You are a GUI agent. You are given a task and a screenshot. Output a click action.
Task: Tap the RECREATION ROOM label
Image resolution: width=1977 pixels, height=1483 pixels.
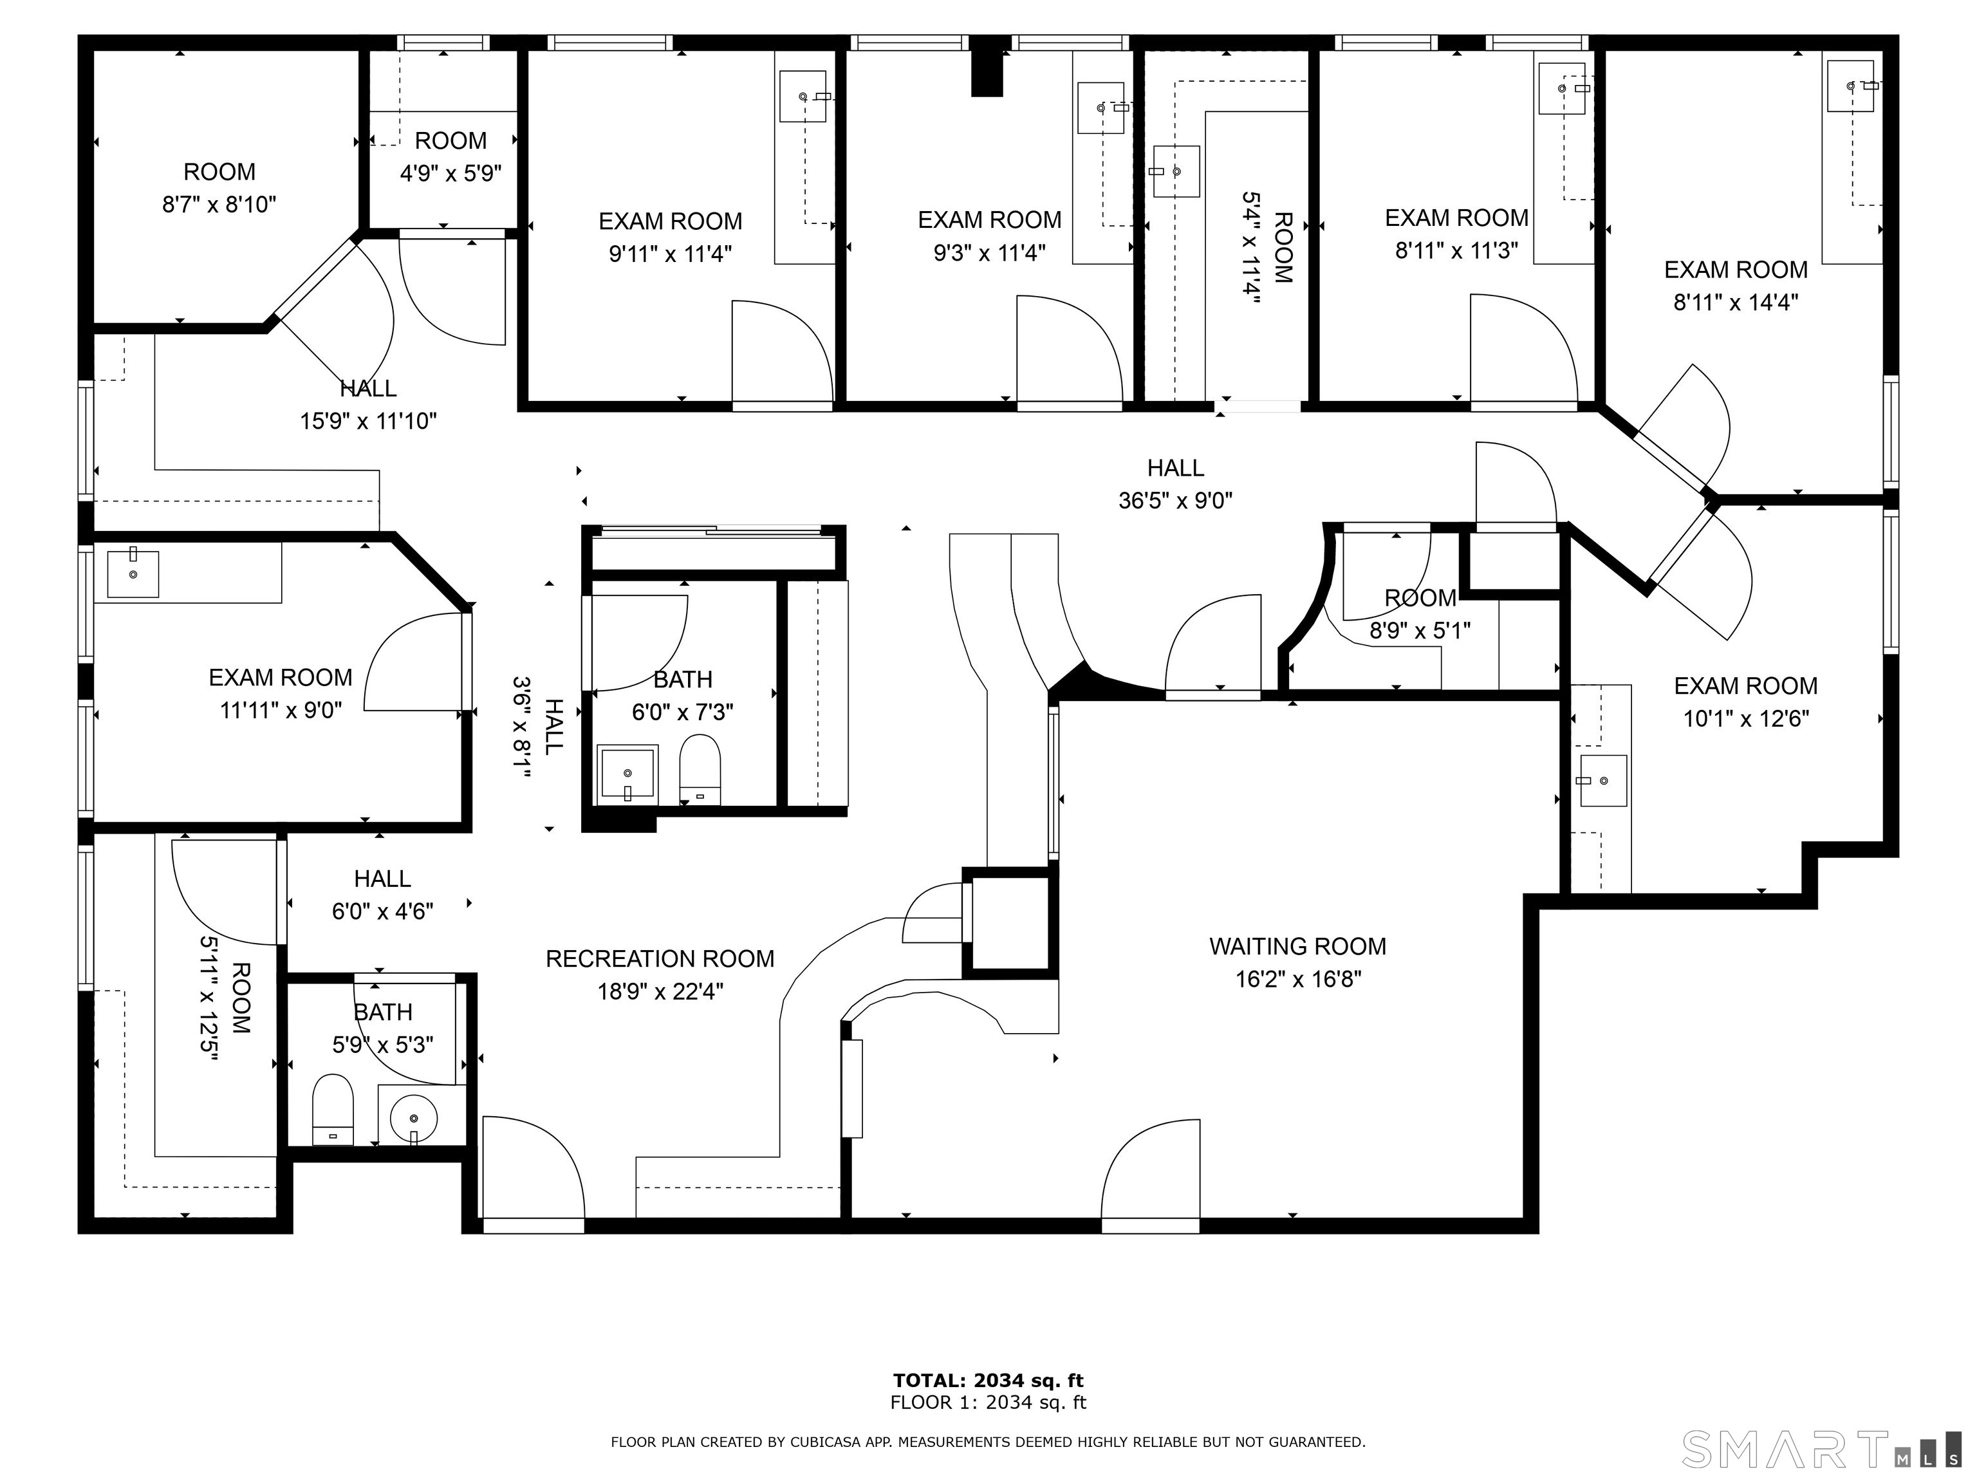click(x=660, y=958)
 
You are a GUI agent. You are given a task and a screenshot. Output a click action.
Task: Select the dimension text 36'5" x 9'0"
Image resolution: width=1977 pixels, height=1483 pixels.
click(x=1175, y=501)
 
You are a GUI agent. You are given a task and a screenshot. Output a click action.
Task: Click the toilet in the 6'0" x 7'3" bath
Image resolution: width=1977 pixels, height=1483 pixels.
click(x=700, y=770)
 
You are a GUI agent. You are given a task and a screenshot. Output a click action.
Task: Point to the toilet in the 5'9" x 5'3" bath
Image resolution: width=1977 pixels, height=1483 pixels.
click(x=333, y=1109)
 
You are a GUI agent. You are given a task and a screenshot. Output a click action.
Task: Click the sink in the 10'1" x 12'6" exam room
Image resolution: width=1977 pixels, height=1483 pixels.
click(x=1603, y=780)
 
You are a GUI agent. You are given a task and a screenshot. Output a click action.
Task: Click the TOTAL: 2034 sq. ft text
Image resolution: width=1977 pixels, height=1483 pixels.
click(x=988, y=1381)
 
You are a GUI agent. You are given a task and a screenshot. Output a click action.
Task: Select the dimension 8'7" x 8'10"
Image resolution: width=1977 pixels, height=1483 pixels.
click(x=219, y=205)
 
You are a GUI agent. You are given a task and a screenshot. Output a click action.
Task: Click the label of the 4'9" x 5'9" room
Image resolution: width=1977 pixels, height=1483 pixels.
click(x=450, y=140)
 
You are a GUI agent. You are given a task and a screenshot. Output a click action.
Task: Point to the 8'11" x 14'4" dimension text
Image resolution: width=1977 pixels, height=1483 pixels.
click(x=1736, y=302)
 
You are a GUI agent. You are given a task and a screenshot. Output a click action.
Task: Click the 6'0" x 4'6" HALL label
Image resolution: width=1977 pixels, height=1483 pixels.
click(x=382, y=879)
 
